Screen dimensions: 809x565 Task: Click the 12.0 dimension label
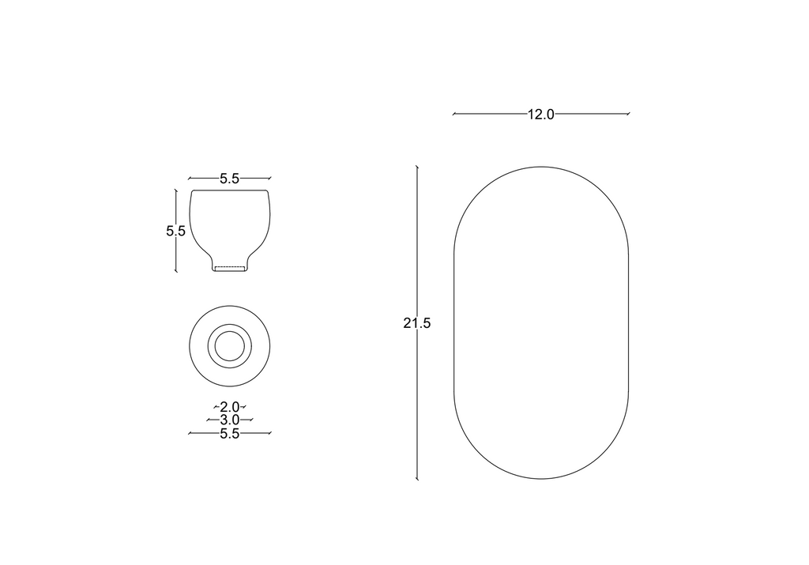[540, 114]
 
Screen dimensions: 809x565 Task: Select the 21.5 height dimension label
[417, 323]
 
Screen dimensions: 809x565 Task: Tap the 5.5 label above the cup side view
[230, 179]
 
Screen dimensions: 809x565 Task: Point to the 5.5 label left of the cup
[176, 231]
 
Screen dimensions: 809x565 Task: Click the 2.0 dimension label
[230, 407]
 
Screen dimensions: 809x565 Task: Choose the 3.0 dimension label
[230, 420]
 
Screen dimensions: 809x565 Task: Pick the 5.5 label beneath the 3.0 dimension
[230, 433]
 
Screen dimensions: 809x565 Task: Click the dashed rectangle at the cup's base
[230, 269]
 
